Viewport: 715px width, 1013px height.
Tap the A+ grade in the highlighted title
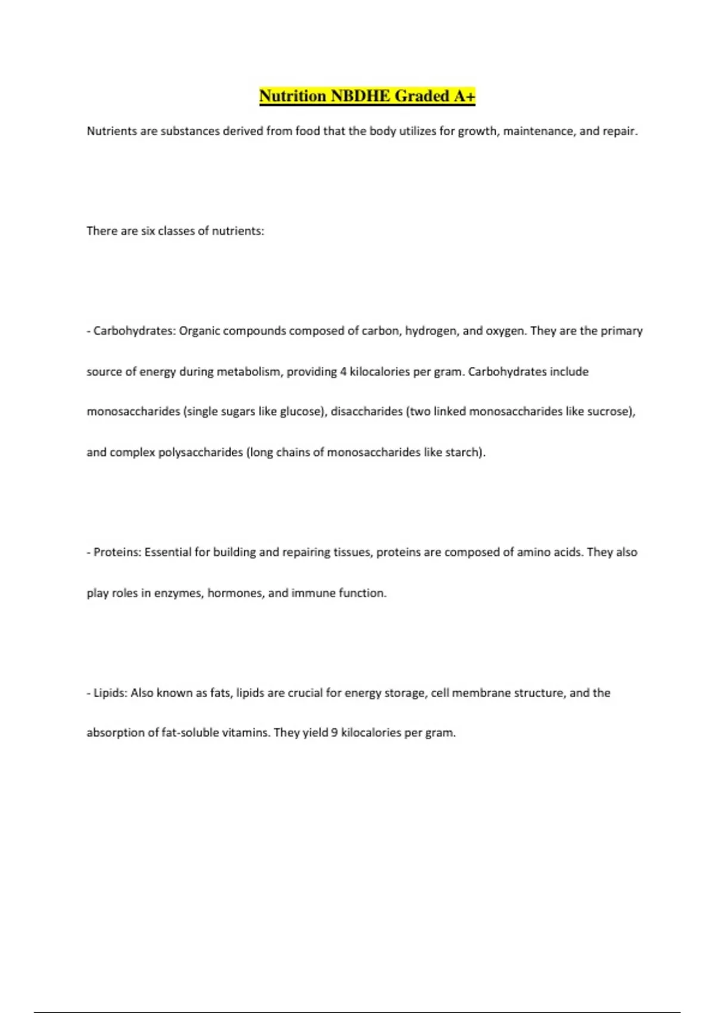coord(464,96)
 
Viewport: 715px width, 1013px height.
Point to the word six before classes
coord(148,231)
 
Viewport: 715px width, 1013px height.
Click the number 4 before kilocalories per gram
coord(343,372)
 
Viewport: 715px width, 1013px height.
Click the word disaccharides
coord(366,412)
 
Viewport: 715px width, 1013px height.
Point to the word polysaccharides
coord(200,452)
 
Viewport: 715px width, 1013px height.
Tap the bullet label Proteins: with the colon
coord(117,552)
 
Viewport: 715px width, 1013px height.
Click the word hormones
coord(235,593)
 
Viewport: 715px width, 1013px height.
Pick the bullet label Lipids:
coord(110,693)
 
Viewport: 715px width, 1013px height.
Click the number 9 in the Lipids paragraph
coord(335,733)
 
